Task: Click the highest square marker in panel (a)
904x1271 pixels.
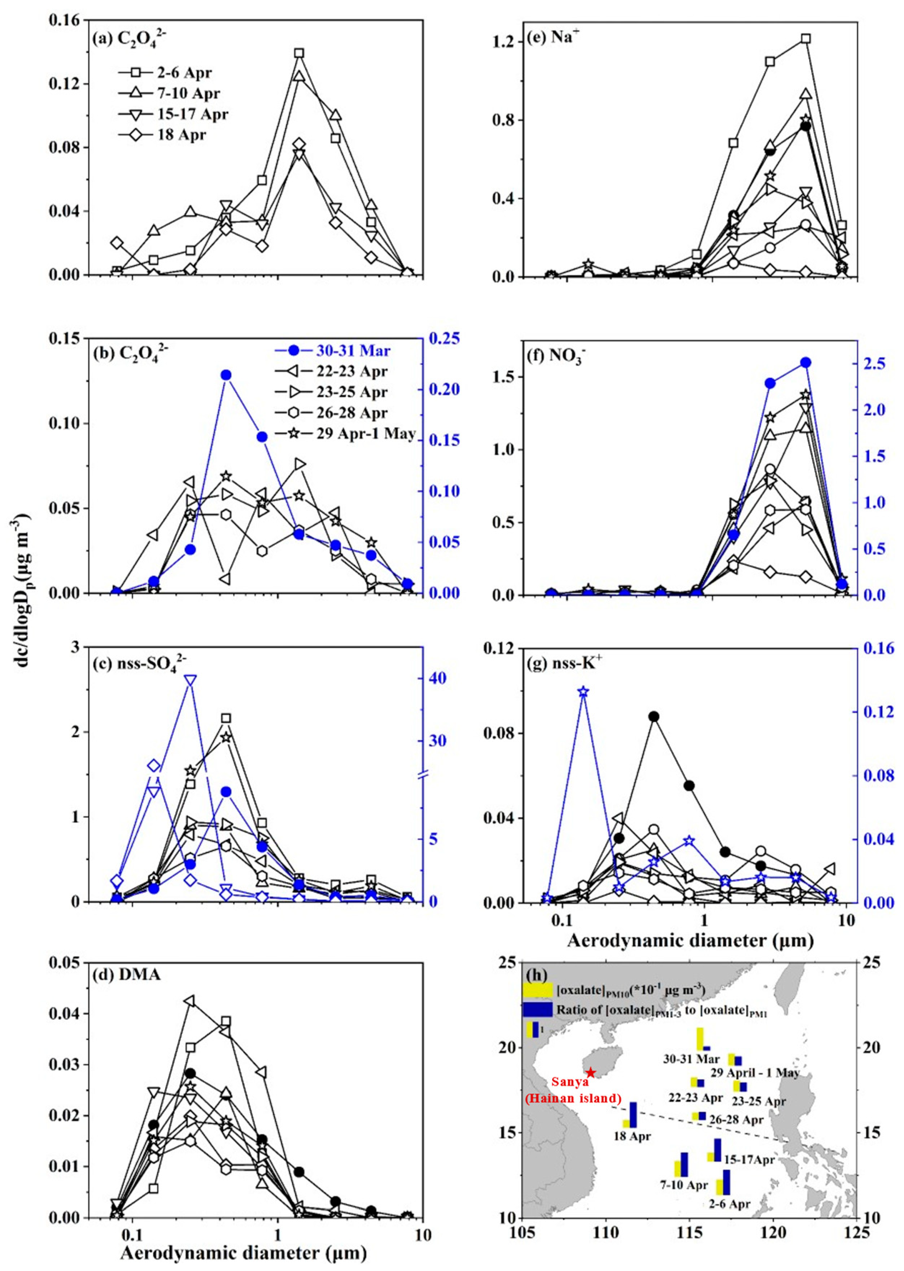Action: (299, 53)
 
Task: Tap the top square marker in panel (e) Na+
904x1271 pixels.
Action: (805, 38)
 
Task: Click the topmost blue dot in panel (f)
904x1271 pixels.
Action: (805, 363)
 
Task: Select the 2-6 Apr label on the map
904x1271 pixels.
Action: (729, 1204)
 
